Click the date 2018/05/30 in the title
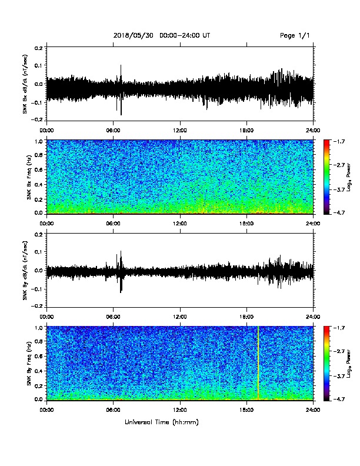(x=134, y=35)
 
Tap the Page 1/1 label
(x=295, y=35)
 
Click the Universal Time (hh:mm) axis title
(x=162, y=422)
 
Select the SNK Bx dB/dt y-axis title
(x=25, y=84)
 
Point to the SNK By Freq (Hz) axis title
(x=29, y=364)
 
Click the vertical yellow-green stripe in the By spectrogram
(x=258, y=362)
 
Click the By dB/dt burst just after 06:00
(x=121, y=272)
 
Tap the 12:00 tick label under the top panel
(x=180, y=131)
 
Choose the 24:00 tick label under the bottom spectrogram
(x=314, y=410)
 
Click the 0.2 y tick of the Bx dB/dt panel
(x=39, y=48)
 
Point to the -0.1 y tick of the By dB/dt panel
(x=38, y=289)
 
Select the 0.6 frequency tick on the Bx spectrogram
(x=39, y=169)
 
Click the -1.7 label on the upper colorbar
(x=339, y=141)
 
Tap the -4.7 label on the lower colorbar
(x=339, y=399)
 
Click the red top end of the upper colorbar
(x=326, y=142)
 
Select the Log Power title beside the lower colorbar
(x=348, y=364)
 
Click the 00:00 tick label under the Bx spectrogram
(x=46, y=224)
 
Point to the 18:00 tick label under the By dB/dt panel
(x=246, y=317)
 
